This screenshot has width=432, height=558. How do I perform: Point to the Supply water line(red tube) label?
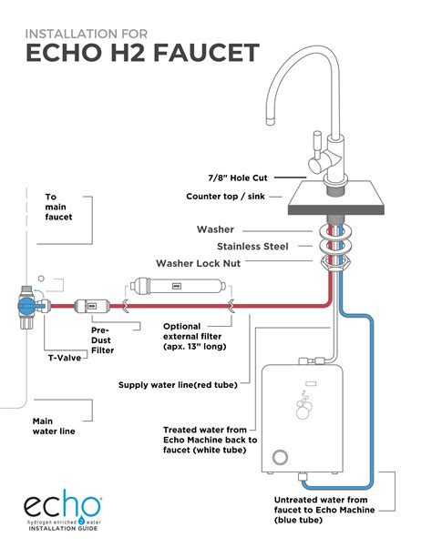[178, 384]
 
